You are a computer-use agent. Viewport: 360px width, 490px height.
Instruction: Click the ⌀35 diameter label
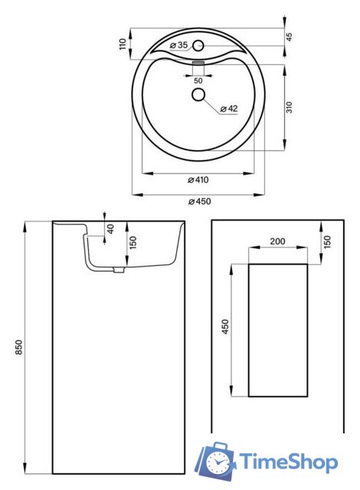tap(178, 45)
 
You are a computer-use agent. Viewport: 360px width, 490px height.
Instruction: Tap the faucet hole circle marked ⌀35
tap(198, 46)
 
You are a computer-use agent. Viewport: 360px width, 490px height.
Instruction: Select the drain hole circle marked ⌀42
tap(198, 94)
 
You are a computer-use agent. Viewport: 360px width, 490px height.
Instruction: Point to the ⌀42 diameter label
tap(229, 109)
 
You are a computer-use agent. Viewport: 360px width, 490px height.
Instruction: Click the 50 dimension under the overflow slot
tap(198, 80)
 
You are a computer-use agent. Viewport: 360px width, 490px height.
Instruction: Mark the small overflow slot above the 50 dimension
tap(198, 63)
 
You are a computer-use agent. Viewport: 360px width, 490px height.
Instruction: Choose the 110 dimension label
tap(123, 44)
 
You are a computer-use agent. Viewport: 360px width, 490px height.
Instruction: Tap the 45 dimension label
tap(290, 37)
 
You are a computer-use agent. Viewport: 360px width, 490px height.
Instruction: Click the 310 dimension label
tap(290, 107)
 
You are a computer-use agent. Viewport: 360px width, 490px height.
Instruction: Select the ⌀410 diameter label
tap(198, 180)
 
